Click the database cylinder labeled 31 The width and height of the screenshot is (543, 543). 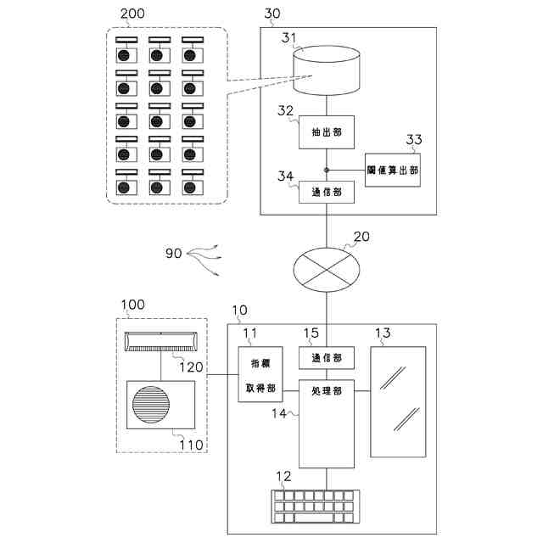tap(327, 73)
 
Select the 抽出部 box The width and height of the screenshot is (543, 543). tap(326, 132)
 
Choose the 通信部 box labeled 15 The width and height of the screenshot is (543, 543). tap(326, 358)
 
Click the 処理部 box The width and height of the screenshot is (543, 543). tap(326, 424)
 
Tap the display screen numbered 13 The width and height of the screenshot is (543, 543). tap(398, 401)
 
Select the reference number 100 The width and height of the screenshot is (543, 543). tap(132, 304)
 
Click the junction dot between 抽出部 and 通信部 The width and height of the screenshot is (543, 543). tap(326, 170)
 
